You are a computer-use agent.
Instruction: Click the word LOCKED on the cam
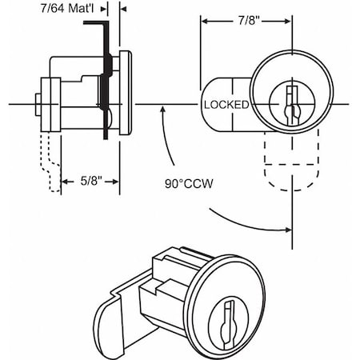(226, 105)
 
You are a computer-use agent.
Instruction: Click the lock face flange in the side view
(125, 93)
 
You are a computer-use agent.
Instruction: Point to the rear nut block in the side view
(49, 105)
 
